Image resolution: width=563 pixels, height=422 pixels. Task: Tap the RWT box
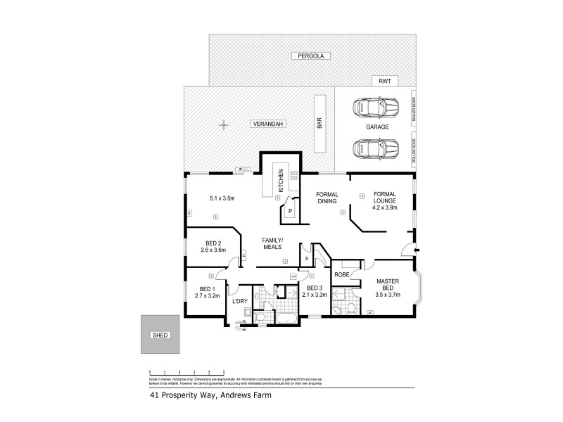coord(384,82)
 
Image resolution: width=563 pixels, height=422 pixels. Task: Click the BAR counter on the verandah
coord(319,125)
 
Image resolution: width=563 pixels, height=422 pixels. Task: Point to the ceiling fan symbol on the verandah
coord(224,125)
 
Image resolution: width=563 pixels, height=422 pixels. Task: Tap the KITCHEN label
coord(280,181)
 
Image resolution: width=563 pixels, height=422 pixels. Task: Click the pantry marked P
coord(289,210)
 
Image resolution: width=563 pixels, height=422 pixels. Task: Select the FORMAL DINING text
coord(327,198)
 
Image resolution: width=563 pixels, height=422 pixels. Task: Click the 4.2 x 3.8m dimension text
coord(385,208)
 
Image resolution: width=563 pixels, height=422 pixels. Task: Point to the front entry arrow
coord(417,250)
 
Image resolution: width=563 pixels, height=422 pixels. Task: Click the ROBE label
coord(343,275)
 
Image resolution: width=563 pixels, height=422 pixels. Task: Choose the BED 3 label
coord(315,288)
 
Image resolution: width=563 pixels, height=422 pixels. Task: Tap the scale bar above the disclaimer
coord(186,371)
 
